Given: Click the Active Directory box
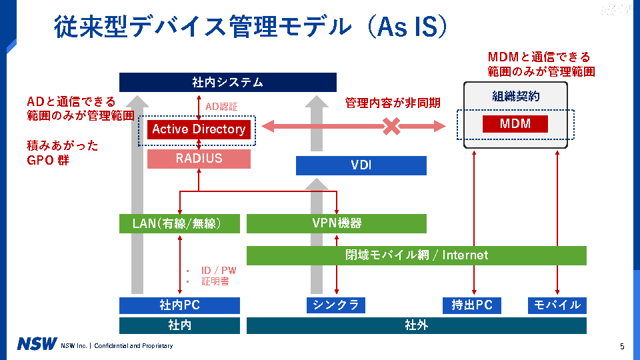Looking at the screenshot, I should tap(199, 129).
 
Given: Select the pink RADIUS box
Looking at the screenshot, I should tap(199, 159).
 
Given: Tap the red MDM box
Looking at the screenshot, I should tap(515, 124).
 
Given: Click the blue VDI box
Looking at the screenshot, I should tap(361, 165).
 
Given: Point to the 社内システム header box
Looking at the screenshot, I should tap(227, 83).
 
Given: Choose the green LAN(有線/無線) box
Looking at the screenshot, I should tap(179, 223).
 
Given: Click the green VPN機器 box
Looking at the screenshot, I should tap(337, 223).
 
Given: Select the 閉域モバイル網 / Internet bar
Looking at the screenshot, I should tap(417, 255).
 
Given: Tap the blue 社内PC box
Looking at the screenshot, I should tap(179, 305).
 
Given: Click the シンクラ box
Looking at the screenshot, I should tap(337, 305).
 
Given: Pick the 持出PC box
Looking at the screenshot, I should tap(472, 305).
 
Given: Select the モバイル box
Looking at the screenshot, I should tap(557, 305).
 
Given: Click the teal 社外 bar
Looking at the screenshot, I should tap(417, 325).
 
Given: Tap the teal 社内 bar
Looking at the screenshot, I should tap(179, 325).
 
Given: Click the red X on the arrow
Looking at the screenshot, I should tap(391, 126).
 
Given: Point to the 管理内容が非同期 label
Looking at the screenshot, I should tap(392, 103).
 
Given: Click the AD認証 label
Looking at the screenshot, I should tap(221, 106).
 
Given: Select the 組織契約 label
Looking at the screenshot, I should tap(515, 97).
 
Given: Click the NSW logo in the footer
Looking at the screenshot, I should tap(37, 345).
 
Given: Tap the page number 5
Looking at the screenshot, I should tap(621, 346).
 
